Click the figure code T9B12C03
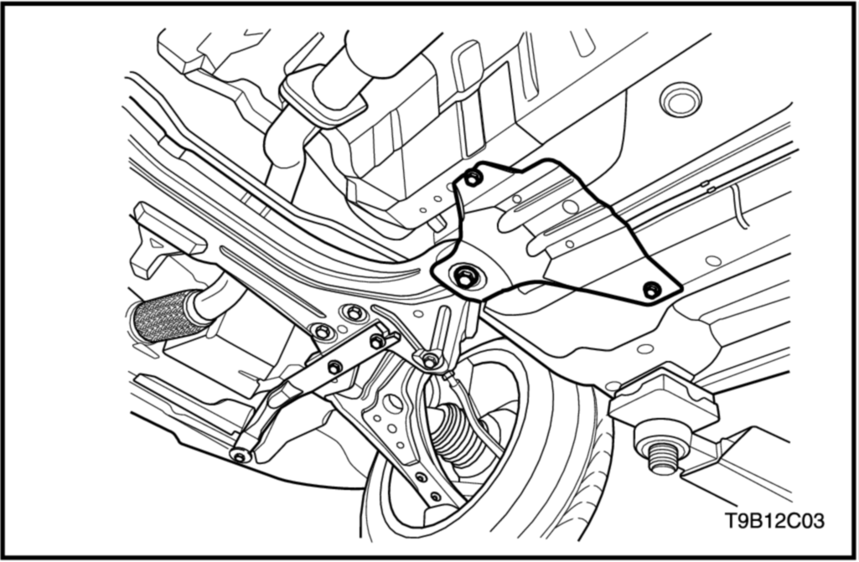click(x=774, y=520)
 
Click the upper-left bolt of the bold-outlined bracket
click(x=473, y=178)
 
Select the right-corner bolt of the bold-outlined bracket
click(x=652, y=291)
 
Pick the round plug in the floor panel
click(x=680, y=101)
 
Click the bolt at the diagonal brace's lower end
click(x=240, y=455)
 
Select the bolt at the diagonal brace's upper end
click(x=377, y=342)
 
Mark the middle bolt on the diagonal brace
click(x=334, y=367)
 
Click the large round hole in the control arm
click(x=393, y=405)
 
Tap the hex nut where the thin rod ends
click(x=431, y=360)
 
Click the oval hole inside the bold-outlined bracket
click(x=571, y=207)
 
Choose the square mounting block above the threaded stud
click(x=663, y=400)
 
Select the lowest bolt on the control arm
click(x=436, y=497)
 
